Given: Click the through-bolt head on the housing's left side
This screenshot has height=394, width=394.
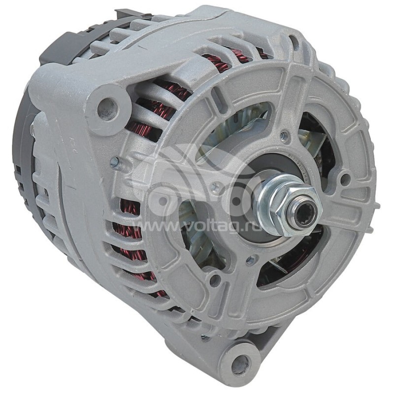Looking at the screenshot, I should pos(114,161).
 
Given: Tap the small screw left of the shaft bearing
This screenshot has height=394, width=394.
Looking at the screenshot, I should pos(215,186).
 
